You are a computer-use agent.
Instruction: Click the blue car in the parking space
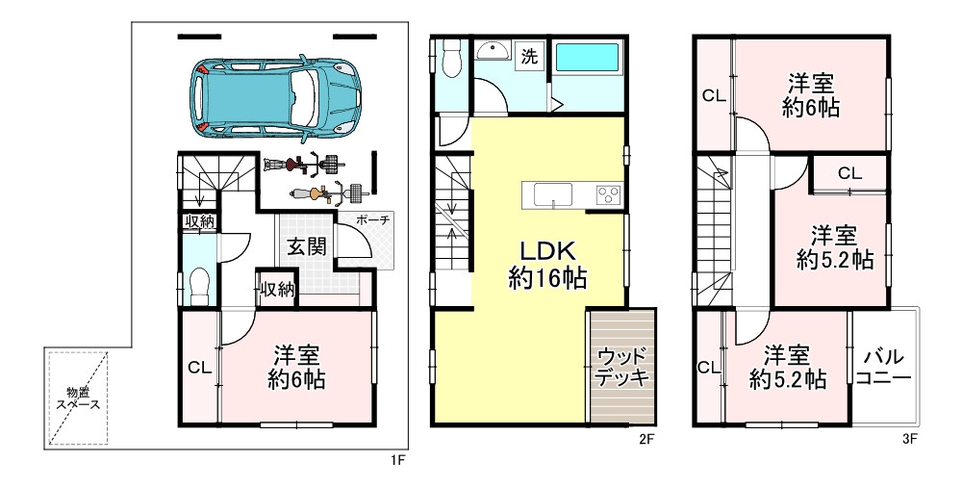pyautogui.click(x=275, y=97)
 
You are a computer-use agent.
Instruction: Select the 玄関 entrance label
pyautogui.click(x=306, y=247)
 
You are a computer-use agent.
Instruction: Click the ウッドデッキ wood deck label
pyautogui.click(x=622, y=367)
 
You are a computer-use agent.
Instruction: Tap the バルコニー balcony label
pyautogui.click(x=883, y=367)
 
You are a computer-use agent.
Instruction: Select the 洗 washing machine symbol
pyautogui.click(x=529, y=57)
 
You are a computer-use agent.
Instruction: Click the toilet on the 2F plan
pyautogui.click(x=451, y=58)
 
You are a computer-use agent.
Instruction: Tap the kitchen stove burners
pyautogui.click(x=608, y=195)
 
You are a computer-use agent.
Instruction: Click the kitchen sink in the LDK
pyautogui.click(x=553, y=195)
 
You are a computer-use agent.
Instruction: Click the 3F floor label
pyautogui.click(x=909, y=439)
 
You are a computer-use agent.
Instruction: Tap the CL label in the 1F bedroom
pyautogui.click(x=199, y=368)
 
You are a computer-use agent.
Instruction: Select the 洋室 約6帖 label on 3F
pyautogui.click(x=811, y=95)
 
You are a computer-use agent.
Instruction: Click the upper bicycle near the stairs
pyautogui.click(x=304, y=164)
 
